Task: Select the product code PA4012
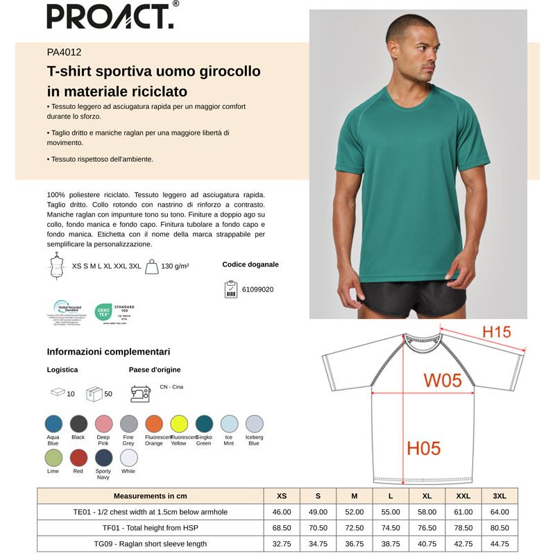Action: pyautogui.click(x=65, y=51)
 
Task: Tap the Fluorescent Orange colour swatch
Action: pyautogui.click(x=154, y=424)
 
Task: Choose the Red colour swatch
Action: pyautogui.click(x=78, y=458)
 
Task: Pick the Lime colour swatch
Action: pyautogui.click(x=53, y=458)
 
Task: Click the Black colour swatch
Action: pyautogui.click(x=78, y=424)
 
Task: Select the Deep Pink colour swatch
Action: pyautogui.click(x=103, y=424)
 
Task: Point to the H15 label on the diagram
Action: pyautogui.click(x=496, y=332)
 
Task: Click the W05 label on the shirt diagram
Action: pyautogui.click(x=443, y=380)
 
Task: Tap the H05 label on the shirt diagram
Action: pyautogui.click(x=423, y=449)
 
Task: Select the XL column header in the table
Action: pyautogui.click(x=427, y=496)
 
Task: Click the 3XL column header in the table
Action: pyautogui.click(x=499, y=496)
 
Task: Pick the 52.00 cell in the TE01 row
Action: pyautogui.click(x=354, y=512)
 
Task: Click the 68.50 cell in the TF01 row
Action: pyautogui.click(x=282, y=528)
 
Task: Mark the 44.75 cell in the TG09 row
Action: pyautogui.click(x=499, y=544)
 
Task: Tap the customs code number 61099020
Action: pyautogui.click(x=257, y=289)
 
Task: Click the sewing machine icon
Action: pyautogui.click(x=140, y=393)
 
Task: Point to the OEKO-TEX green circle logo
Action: pyautogui.click(x=103, y=312)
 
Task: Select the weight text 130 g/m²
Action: pyautogui.click(x=175, y=266)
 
